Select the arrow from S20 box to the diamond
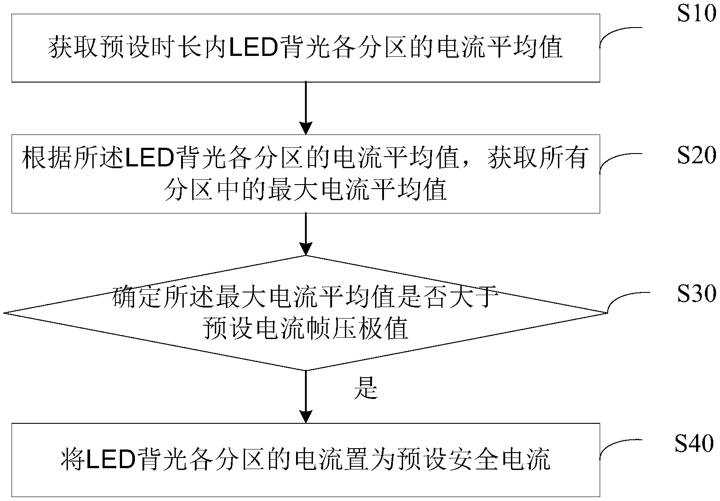[x=306, y=234]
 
